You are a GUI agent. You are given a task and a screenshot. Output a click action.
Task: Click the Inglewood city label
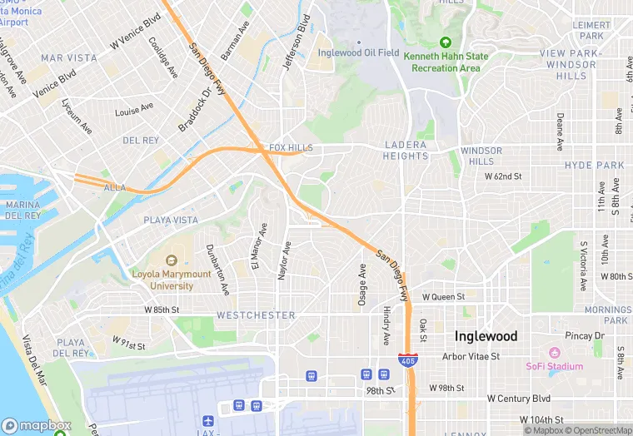[486, 336]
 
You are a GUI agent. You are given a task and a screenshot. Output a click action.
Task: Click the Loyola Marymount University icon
[173, 260]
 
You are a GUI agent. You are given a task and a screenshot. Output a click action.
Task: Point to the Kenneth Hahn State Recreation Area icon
[445, 42]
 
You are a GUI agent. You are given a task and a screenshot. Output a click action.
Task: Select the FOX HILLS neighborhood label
[291, 147]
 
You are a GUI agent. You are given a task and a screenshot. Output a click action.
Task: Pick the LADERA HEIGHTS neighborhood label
[406, 150]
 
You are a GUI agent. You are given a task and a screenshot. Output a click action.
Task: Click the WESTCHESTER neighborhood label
[256, 315]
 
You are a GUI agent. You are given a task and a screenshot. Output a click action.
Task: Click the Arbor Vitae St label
[471, 356]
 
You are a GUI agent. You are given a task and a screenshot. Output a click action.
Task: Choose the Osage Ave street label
[362, 285]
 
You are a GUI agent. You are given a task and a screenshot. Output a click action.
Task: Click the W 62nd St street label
[503, 176]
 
